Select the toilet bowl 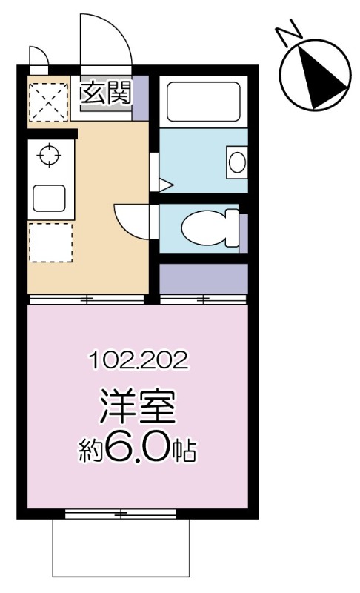click(210, 228)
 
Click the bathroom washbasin click(237, 162)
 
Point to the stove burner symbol click(50, 154)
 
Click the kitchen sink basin click(49, 198)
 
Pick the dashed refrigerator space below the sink click(50, 242)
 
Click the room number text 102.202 click(139, 361)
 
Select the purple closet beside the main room click(204, 279)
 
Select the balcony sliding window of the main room click(121, 514)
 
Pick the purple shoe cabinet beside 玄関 click(140, 99)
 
